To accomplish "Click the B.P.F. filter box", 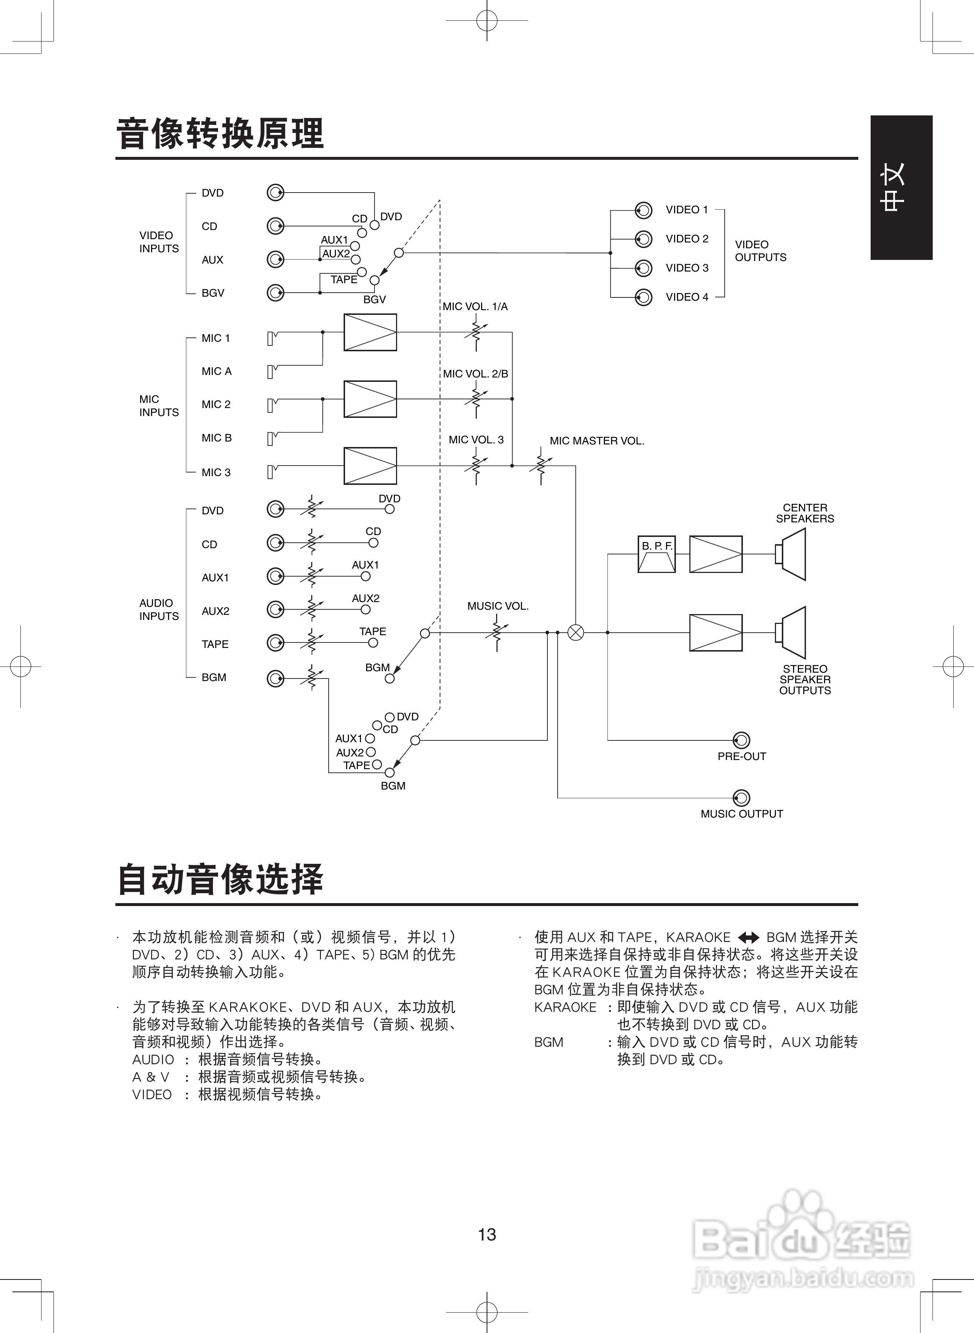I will [x=656, y=554].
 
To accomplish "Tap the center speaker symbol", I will [x=791, y=554].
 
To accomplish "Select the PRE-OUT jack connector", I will [x=741, y=740].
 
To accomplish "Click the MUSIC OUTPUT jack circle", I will [x=741, y=798].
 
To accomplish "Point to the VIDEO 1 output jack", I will [x=643, y=210].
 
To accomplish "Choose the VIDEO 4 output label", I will [x=687, y=297].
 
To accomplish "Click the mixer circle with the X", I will [x=575, y=633].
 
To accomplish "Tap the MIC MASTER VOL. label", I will [x=597, y=441].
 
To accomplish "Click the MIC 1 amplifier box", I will [x=370, y=332].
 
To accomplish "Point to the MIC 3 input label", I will [x=216, y=472].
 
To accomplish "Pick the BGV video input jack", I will [x=275, y=292].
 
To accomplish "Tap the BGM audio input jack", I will [x=275, y=679].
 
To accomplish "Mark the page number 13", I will [x=487, y=1234].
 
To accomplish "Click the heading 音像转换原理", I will [x=220, y=134].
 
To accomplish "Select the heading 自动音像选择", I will [x=220, y=879].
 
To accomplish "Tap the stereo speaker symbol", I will [x=791, y=633].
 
